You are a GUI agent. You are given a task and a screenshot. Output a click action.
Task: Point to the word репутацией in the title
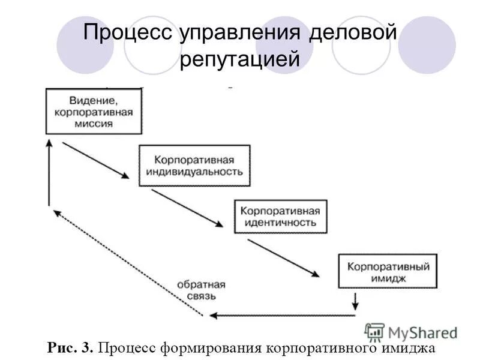click(239, 60)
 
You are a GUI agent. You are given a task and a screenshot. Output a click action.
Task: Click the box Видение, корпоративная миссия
click(94, 111)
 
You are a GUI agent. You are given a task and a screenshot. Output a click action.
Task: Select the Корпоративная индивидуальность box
click(194, 166)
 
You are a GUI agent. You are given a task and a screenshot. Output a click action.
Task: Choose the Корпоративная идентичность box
click(280, 216)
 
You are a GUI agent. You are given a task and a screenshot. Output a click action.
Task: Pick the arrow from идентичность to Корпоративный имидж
click(283, 257)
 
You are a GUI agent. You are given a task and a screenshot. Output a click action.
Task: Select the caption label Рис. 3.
click(70, 347)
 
